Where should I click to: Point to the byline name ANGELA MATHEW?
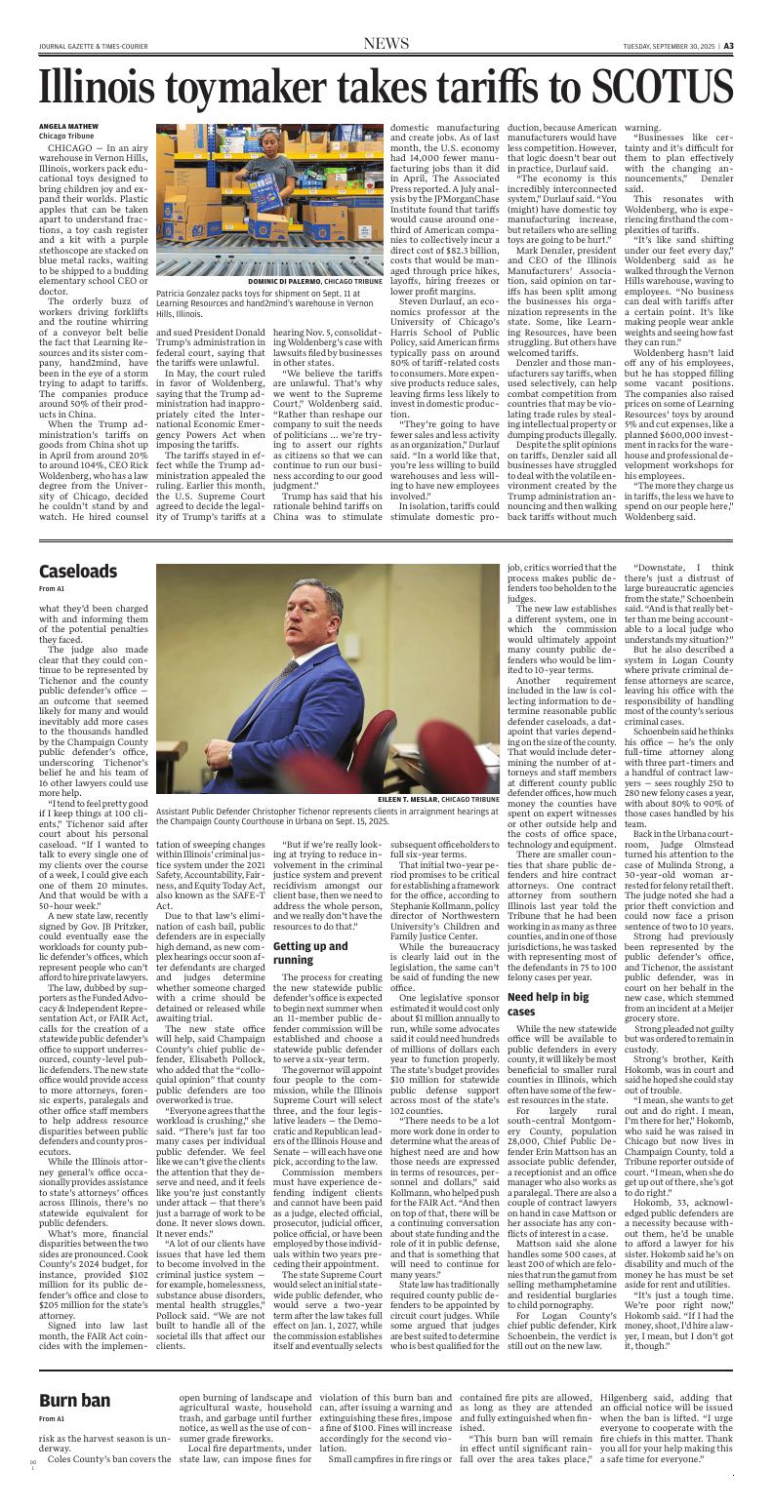[68, 126]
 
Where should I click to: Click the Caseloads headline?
[78, 571]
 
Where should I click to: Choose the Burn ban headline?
[74, 1402]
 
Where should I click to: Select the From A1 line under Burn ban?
[52, 1418]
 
